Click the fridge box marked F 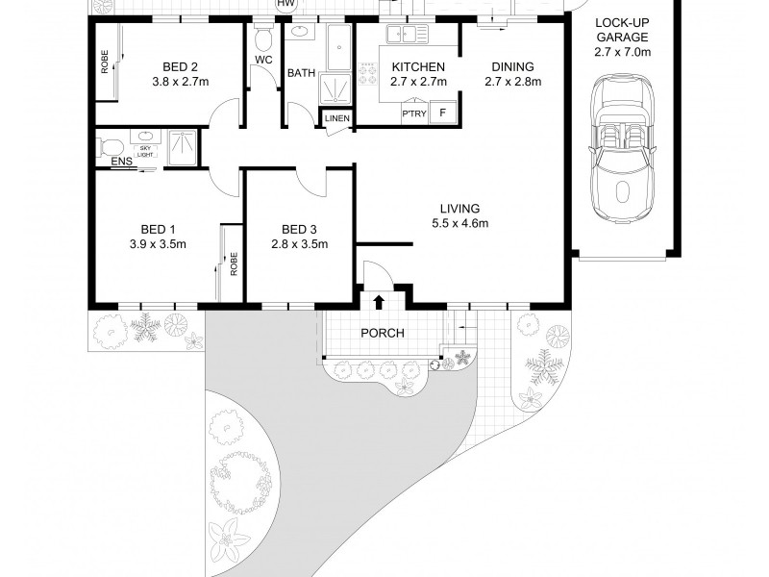[x=442, y=113]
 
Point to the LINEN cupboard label [x=336, y=118]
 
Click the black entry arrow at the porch [x=378, y=302]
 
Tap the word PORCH [x=382, y=334]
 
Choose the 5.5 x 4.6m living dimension [x=460, y=224]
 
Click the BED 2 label [x=180, y=66]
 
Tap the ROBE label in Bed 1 [x=233, y=263]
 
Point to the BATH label [x=301, y=72]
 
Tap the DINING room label [x=512, y=66]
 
